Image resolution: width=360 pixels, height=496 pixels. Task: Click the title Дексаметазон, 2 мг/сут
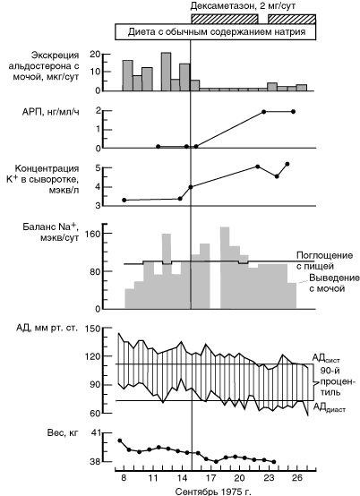[243, 6]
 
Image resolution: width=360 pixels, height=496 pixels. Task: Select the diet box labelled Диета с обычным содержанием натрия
[216, 32]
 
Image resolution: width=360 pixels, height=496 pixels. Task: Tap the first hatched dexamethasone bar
[225, 19]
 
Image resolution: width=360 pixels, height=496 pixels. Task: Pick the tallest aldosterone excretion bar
[166, 72]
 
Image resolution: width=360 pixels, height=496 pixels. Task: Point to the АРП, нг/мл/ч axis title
[51, 112]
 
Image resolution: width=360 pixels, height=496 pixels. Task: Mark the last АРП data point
[293, 111]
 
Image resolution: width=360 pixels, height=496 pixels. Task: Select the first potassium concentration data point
[124, 200]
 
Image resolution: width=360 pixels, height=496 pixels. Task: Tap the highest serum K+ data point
[287, 164]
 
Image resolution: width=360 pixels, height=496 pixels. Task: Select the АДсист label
[326, 358]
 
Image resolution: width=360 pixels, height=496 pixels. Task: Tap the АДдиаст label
[330, 407]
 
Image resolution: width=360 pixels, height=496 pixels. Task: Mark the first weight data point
[120, 440]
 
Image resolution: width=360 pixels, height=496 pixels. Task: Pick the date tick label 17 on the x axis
[210, 477]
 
